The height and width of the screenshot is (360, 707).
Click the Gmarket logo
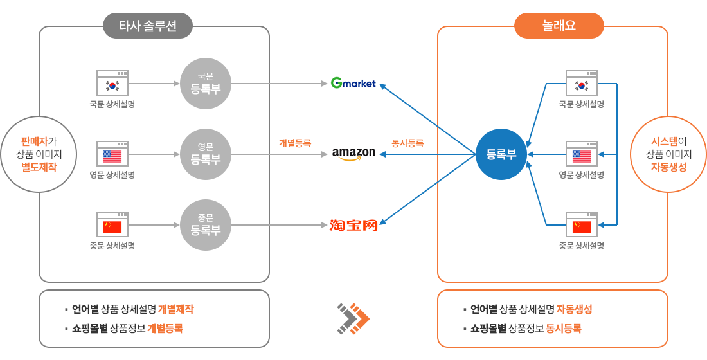[x=353, y=84]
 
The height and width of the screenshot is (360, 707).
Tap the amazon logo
[x=353, y=154]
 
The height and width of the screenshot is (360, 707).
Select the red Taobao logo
[x=353, y=225]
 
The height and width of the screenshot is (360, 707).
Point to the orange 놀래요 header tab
[x=559, y=26]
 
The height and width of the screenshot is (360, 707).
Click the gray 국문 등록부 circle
[x=205, y=84]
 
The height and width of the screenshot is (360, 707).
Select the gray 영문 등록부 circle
[x=205, y=154]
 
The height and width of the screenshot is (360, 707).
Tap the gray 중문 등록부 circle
[x=205, y=225]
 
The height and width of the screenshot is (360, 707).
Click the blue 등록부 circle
[x=501, y=154]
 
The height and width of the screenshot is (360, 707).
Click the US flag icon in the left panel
[x=112, y=155]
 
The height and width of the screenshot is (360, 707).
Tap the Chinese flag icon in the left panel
[x=112, y=226]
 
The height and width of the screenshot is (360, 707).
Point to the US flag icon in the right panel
[x=582, y=155]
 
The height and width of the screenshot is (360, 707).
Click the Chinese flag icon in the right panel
[x=582, y=226]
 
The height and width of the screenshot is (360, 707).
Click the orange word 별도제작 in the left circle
[x=39, y=167]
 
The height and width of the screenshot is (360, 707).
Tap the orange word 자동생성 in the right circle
[x=669, y=167]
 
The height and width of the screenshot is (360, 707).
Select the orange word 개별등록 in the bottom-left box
[x=165, y=328]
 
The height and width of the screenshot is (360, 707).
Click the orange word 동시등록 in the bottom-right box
[x=564, y=328]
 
